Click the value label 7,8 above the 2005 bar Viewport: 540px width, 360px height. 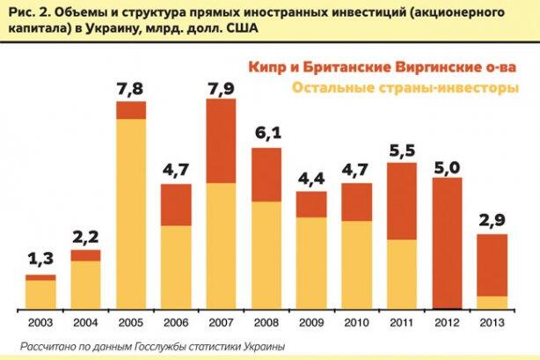pos(131,89)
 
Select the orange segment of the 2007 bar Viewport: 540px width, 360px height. pos(221,140)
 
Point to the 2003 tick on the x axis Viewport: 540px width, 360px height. pos(40,323)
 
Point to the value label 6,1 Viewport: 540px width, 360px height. pos(266,135)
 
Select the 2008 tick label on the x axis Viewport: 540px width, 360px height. pos(266,323)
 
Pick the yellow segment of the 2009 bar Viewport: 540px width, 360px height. pos(311,262)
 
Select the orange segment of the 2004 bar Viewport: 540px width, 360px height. pos(85,255)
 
